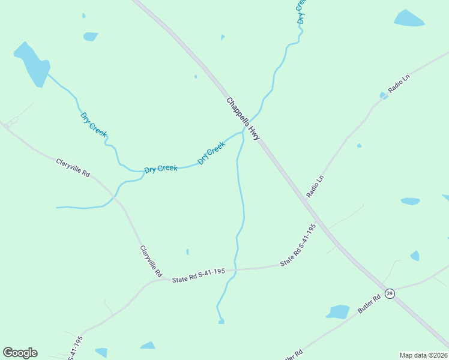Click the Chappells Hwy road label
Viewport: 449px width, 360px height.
[243, 119]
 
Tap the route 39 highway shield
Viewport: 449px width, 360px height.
[390, 293]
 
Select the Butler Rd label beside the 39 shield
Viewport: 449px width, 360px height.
[369, 304]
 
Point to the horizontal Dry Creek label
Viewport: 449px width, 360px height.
[161, 169]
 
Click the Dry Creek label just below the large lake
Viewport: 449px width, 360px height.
[93, 124]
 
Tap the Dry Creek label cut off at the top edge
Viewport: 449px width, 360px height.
[301, 11]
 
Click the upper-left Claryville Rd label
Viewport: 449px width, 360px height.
[73, 167]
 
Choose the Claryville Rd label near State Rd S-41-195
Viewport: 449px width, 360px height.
[151, 260]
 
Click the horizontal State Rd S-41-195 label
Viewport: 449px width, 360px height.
[198, 275]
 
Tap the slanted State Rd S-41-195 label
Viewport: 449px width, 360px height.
[298, 245]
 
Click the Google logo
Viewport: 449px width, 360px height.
[20, 353]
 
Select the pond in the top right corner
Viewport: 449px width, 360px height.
[409, 19]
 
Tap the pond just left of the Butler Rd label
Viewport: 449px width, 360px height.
[338, 312]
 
